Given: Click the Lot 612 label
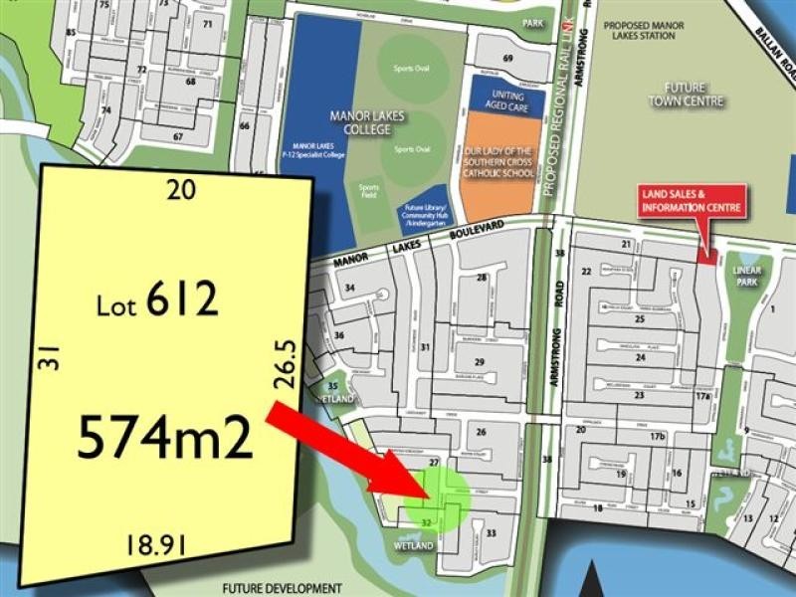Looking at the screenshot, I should pos(157,298).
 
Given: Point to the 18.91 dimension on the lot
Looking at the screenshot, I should pos(156,543).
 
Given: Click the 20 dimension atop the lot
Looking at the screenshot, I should pos(180,189).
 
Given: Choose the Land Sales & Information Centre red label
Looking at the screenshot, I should pos(694,201).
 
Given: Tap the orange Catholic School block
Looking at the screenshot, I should pos(502,159).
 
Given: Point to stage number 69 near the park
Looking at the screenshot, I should pos(507,60).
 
